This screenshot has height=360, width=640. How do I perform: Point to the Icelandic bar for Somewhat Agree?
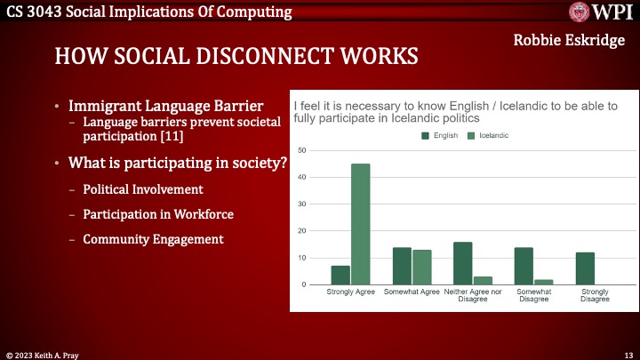coord(422,267)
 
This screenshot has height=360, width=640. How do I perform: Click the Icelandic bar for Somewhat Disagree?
coord(544,282)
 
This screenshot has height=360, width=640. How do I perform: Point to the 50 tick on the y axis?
coord(302,150)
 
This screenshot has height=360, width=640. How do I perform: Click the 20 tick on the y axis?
coord(302,231)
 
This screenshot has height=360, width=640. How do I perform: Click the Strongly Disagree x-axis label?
coord(595,295)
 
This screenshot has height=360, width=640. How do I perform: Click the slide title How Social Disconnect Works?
coord(236,57)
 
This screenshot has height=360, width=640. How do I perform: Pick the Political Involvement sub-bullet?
coord(142,189)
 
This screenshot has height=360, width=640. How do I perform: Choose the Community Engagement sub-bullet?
coord(153,239)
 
